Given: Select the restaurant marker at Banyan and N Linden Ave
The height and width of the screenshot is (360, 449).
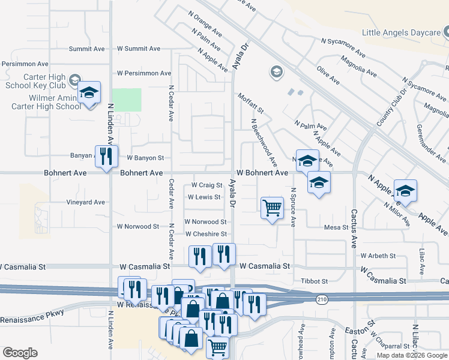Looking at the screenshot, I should [x=106, y=157].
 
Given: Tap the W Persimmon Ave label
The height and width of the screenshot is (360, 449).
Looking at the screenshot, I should [x=144, y=73].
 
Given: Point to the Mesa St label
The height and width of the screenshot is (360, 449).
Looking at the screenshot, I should [x=336, y=227].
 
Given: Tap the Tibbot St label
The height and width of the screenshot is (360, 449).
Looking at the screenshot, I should [x=314, y=281].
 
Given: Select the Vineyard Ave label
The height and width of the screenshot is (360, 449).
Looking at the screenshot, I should [x=86, y=202].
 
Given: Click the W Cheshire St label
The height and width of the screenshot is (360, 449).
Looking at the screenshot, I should [x=206, y=234].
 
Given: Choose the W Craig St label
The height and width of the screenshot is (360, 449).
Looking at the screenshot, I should [x=207, y=185].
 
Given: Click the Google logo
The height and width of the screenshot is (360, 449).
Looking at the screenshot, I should [x=20, y=353].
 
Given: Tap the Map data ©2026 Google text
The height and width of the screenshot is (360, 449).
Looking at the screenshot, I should [x=412, y=355].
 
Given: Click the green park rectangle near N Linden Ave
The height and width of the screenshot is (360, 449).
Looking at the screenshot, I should [x=127, y=100].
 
